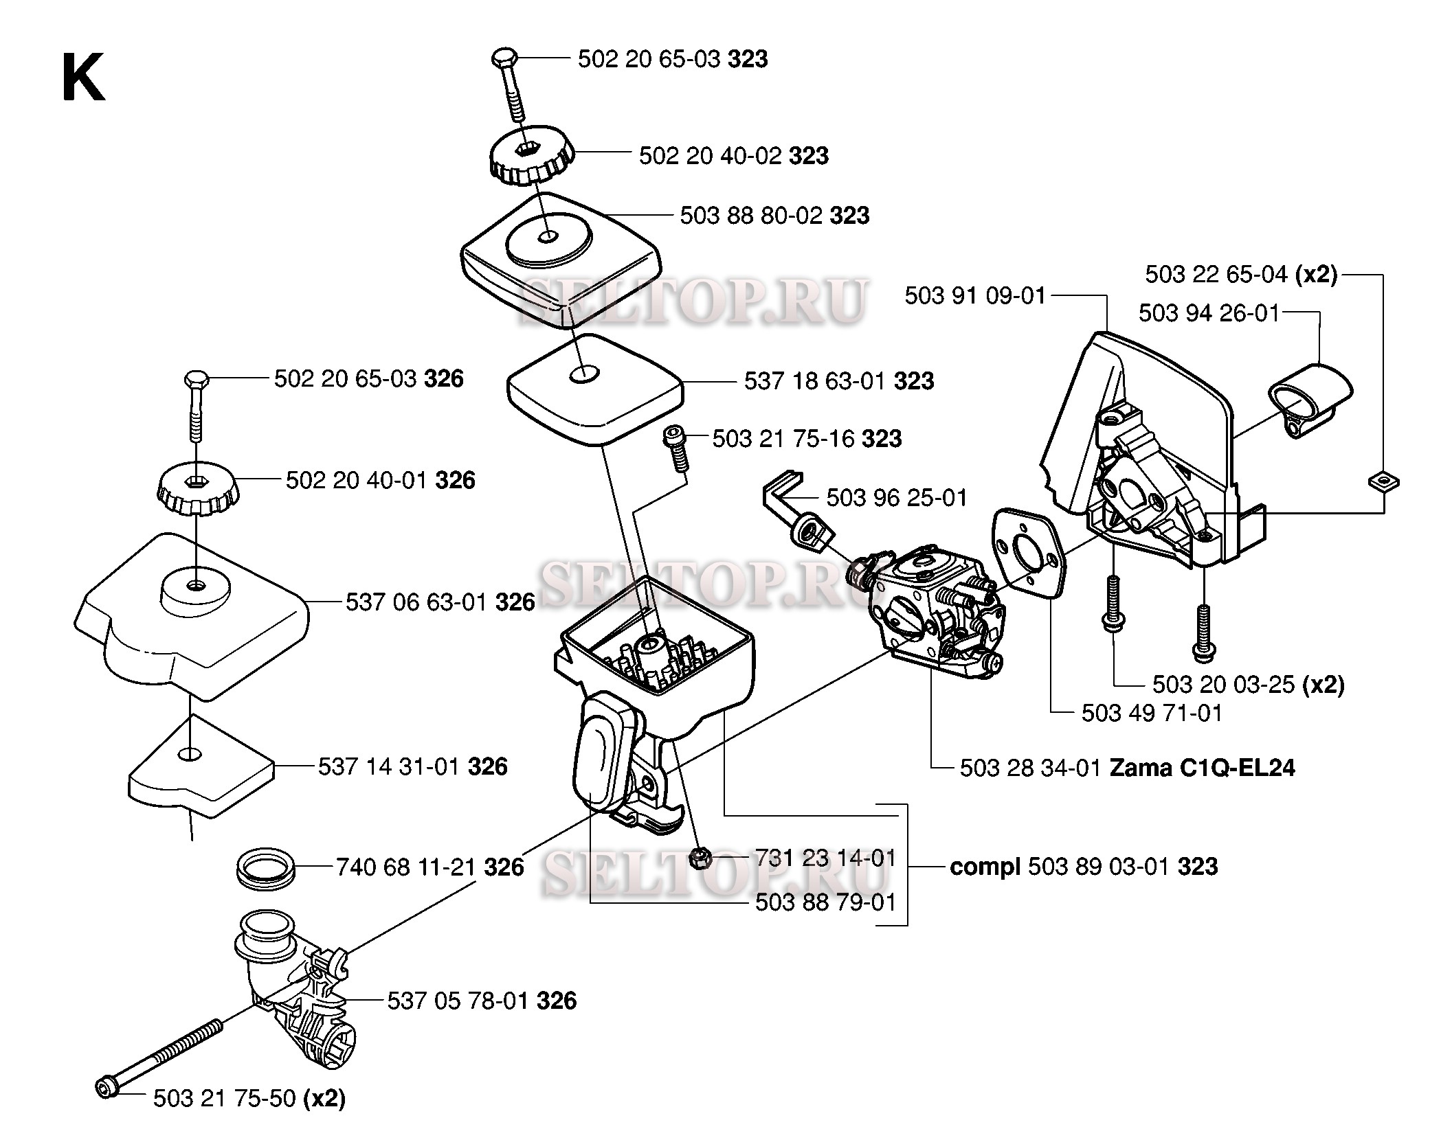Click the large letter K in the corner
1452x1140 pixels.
point(83,77)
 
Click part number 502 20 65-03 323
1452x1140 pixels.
point(672,60)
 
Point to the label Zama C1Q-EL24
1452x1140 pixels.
point(1203,767)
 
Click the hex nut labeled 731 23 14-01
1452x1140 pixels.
point(700,858)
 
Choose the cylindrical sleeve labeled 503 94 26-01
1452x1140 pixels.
point(1310,398)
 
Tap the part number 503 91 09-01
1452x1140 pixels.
point(974,296)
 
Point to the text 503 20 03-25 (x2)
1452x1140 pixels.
point(1248,684)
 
